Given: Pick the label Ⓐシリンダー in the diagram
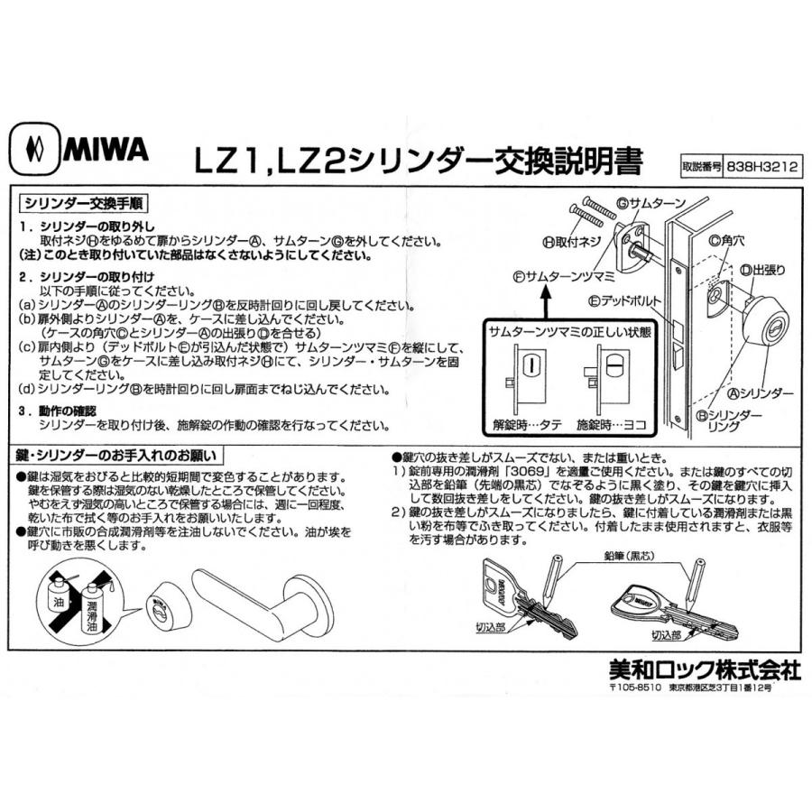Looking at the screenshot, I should pos(762,394).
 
